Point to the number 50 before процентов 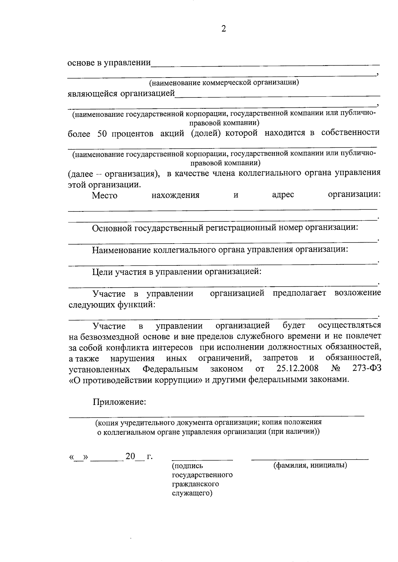[102, 134]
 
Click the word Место [104, 196]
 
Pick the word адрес [283, 195]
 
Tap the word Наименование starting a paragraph [122, 250]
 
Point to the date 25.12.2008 [297, 368]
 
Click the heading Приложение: [119, 402]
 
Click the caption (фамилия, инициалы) [310, 465]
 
